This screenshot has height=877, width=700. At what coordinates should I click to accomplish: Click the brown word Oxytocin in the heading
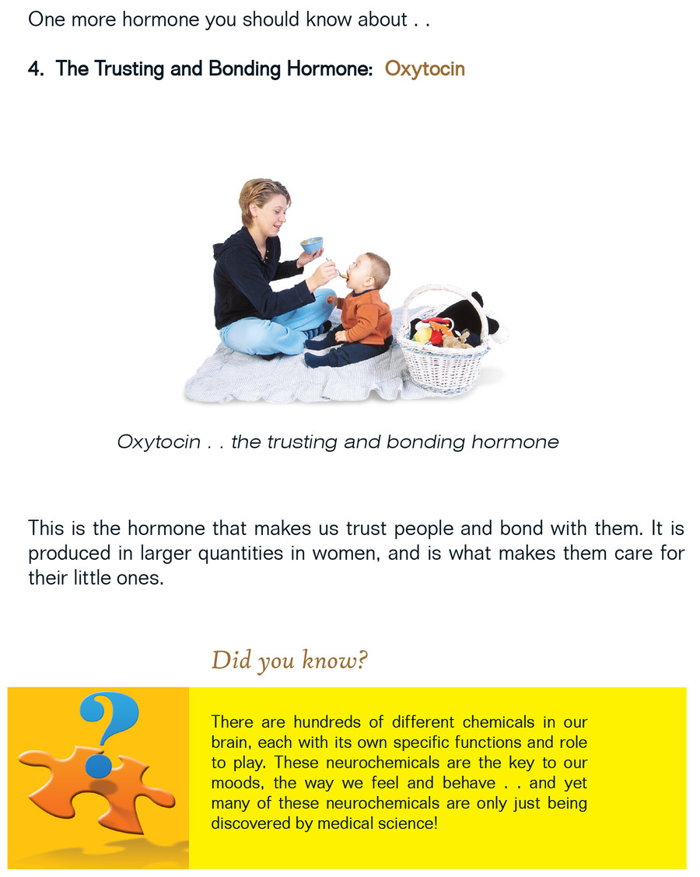[x=425, y=69]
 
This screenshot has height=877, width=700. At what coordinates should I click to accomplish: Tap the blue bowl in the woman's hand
[x=312, y=245]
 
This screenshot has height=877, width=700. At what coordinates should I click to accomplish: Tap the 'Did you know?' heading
[x=289, y=661]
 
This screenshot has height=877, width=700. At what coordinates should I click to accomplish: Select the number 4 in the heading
[x=35, y=69]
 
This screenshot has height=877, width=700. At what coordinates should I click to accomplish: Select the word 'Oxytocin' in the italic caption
[x=159, y=442]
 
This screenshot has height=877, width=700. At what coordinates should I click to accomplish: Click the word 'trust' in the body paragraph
[x=366, y=528]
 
